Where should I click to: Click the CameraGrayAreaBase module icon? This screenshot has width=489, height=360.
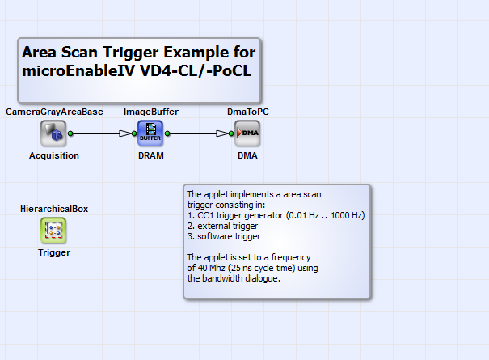(x=53, y=133)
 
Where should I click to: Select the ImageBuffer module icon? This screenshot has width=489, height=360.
(x=150, y=133)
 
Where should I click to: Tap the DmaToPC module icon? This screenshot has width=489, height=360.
(x=247, y=133)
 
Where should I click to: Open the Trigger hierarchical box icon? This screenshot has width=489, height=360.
(x=53, y=231)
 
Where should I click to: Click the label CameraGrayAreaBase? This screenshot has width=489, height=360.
(x=54, y=112)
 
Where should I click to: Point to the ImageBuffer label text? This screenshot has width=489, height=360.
(x=151, y=112)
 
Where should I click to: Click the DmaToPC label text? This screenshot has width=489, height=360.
(x=247, y=112)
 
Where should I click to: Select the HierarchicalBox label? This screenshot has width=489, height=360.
(x=54, y=209)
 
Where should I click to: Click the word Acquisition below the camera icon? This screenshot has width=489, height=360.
(x=54, y=155)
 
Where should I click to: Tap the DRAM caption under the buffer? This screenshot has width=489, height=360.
(x=151, y=155)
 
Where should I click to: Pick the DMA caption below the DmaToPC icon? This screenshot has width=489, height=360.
(x=247, y=155)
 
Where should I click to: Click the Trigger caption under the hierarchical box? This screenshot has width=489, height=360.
(x=54, y=252)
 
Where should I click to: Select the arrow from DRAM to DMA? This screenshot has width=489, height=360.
(x=199, y=133)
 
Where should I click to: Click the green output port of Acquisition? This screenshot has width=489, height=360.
(x=71, y=133)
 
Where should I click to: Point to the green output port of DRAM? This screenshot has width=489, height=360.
(x=168, y=133)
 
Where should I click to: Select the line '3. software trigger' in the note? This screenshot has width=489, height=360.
(x=224, y=236)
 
